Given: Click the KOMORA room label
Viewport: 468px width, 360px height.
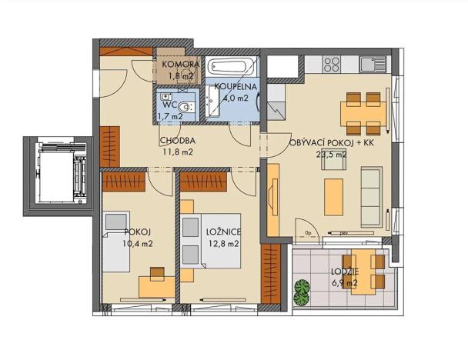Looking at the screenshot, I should coord(182,65).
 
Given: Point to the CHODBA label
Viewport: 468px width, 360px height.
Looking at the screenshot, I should coord(178,141).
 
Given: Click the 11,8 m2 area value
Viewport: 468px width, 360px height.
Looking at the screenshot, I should coord(178,152).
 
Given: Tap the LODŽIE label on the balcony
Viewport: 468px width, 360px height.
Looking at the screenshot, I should coord(343,272).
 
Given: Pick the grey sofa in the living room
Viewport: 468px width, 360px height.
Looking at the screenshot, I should coord(372,188).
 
